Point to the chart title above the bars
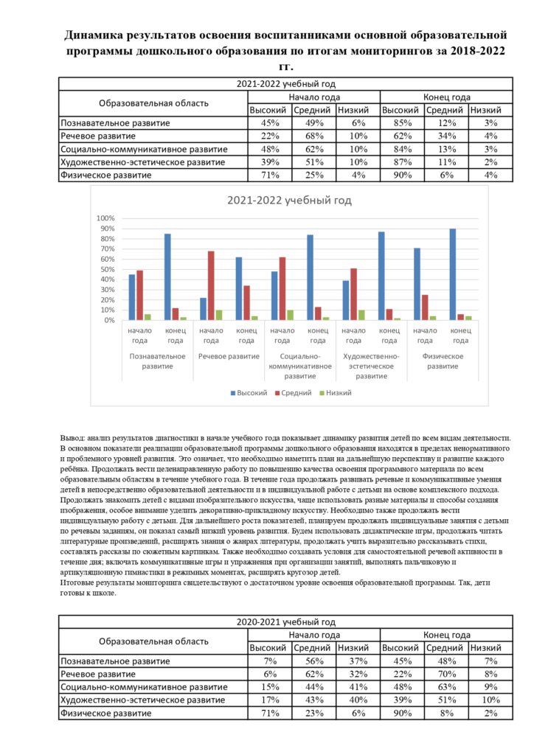click(x=289, y=201)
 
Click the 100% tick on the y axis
click(x=106, y=219)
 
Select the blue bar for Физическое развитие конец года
click(x=452, y=274)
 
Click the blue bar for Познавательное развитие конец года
click(x=167, y=276)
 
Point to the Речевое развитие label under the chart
click(x=229, y=356)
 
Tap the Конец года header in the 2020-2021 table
click(x=446, y=634)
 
